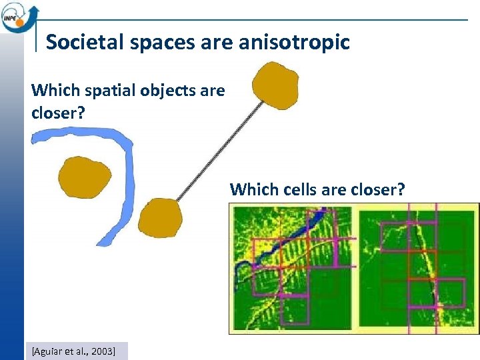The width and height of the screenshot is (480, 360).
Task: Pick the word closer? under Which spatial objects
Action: [58, 113]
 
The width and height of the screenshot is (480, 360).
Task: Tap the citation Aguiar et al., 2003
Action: [73, 350]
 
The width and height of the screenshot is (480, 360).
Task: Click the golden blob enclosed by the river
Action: [84, 178]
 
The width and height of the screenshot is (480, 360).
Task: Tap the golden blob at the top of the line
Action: [276, 85]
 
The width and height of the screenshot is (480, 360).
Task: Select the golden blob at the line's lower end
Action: [160, 218]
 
